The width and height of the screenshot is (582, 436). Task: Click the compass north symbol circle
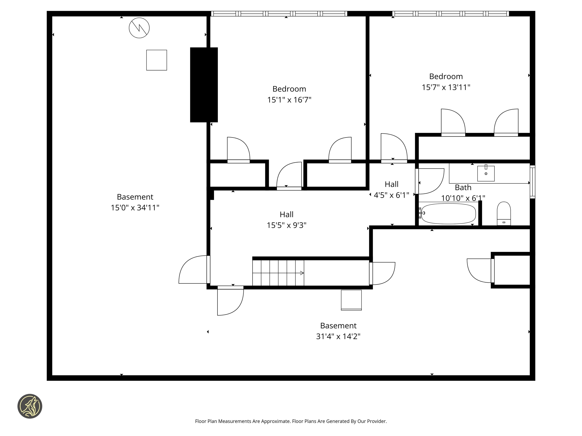(x=139, y=28)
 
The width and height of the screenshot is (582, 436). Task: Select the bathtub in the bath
(x=448, y=214)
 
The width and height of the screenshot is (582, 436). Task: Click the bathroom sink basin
(x=486, y=174)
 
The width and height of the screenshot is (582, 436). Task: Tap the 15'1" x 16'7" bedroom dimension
(x=289, y=100)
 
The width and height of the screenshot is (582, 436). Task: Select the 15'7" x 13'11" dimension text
(x=446, y=87)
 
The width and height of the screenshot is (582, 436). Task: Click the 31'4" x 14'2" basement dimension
(x=338, y=336)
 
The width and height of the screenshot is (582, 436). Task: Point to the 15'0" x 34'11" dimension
(x=135, y=208)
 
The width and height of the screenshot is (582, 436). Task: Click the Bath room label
(x=463, y=187)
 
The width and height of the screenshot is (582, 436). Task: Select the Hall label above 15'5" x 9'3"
(x=286, y=214)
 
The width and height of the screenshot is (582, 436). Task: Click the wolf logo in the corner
(x=30, y=406)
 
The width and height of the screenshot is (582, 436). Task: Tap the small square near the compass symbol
(x=156, y=60)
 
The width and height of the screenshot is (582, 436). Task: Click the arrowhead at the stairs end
(x=302, y=273)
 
